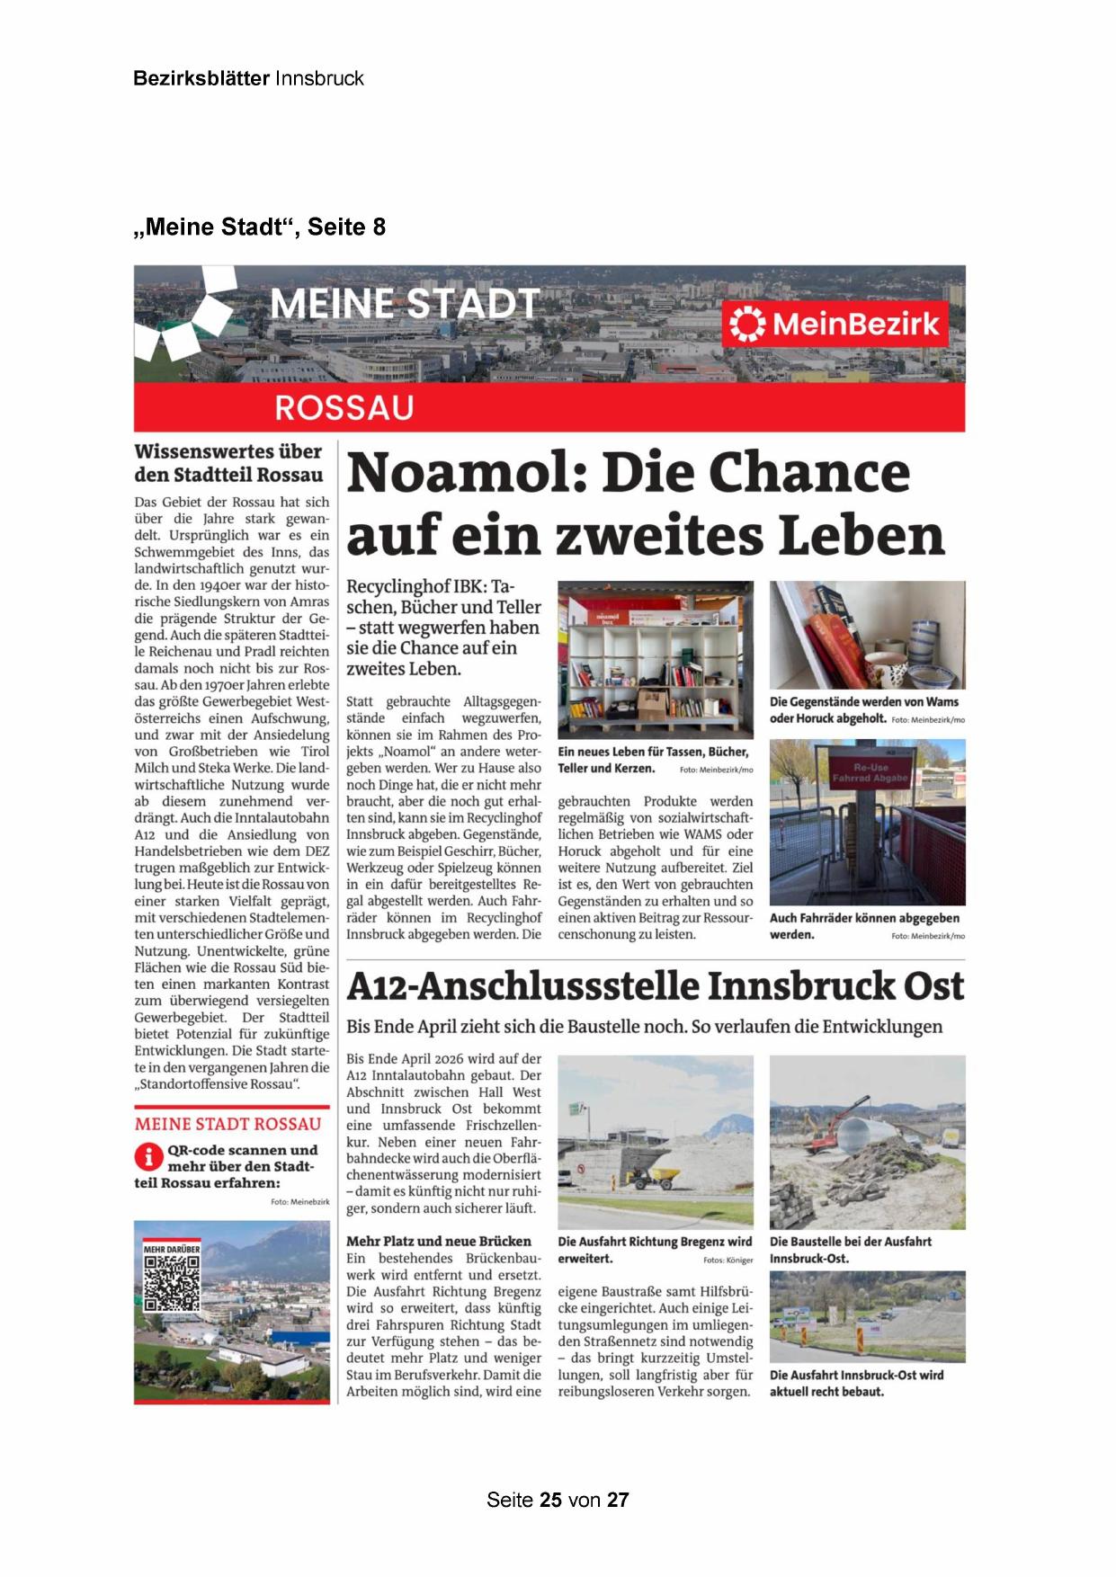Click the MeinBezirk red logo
(x=835, y=324)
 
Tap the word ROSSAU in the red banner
(x=344, y=408)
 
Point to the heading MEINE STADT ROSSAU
(x=228, y=1124)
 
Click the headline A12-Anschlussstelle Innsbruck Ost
(x=655, y=986)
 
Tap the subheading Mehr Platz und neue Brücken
(x=439, y=1241)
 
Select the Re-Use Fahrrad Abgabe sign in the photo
(x=870, y=772)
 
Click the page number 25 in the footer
(x=551, y=1500)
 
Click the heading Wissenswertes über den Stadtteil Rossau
(x=228, y=463)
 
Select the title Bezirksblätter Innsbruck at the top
(x=248, y=78)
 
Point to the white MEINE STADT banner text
(x=405, y=304)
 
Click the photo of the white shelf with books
(x=655, y=661)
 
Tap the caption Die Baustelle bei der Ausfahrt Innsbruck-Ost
(x=850, y=1250)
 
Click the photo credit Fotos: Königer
(x=728, y=1261)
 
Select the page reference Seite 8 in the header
(x=346, y=227)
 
